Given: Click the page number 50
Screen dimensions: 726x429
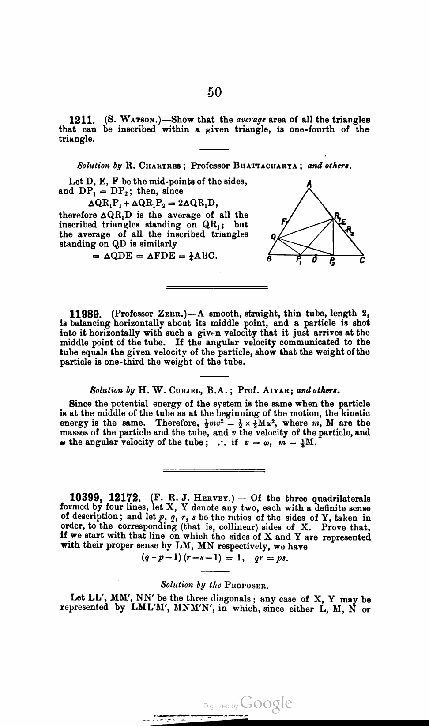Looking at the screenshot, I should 214,92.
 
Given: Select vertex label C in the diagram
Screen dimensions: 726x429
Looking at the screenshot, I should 362,260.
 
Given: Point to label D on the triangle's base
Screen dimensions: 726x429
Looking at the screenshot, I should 314,260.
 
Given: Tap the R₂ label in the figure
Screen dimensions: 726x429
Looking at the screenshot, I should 350,230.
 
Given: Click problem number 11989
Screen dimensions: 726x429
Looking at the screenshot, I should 83,314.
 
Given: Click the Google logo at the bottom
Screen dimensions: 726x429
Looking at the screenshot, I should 266,703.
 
